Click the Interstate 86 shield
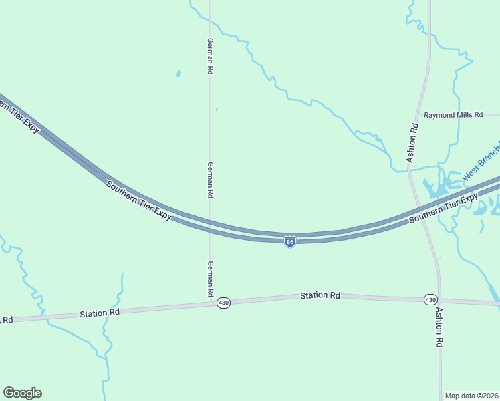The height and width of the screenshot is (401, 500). point(290,242)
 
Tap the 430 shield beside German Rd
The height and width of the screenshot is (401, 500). point(223,303)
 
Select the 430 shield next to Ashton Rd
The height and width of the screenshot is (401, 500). point(430,299)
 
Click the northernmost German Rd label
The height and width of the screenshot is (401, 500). point(210,55)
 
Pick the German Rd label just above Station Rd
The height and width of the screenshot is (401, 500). point(210,279)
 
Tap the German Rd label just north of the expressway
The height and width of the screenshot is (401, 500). point(210,179)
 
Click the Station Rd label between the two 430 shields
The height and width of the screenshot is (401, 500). point(320,295)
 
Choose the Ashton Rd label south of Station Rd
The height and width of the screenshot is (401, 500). point(439,327)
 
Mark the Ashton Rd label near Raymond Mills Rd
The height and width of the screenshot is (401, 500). point(413,142)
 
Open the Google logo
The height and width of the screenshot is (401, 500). point(22,393)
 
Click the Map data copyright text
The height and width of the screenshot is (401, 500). point(471,396)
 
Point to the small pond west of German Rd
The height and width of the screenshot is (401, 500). point(178,73)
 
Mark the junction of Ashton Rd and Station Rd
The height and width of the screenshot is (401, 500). point(439,299)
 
